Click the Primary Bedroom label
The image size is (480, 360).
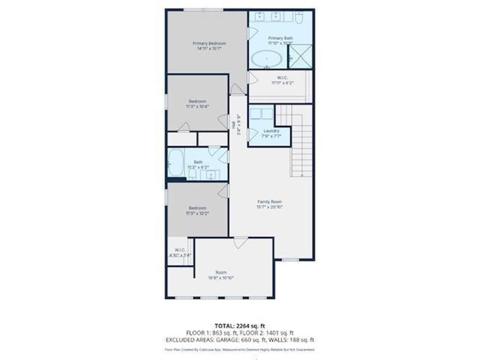(x=206, y=44)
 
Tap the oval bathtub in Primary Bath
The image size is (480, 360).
(x=267, y=59)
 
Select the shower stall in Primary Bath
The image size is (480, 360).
(x=300, y=56)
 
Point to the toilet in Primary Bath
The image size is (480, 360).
(x=300, y=17)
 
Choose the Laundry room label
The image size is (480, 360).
(x=271, y=131)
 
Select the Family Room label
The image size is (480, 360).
(x=270, y=202)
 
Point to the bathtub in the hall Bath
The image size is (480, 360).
(x=175, y=163)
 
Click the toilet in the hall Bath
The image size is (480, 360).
(x=192, y=174)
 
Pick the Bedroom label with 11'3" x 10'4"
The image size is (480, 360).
(x=197, y=101)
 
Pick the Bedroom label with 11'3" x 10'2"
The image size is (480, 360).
(x=197, y=208)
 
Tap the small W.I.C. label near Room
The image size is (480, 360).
(x=180, y=250)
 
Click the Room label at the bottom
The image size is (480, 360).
(x=221, y=272)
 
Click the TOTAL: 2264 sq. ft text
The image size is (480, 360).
(x=240, y=326)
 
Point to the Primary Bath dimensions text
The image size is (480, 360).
(x=280, y=43)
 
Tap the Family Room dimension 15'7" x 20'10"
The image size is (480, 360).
(x=270, y=207)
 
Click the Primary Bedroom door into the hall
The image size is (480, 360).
(x=238, y=90)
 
